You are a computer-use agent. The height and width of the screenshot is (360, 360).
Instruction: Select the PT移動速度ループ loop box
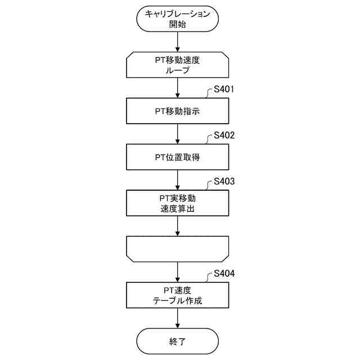(178, 65)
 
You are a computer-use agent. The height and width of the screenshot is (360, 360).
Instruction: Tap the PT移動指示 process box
(178, 111)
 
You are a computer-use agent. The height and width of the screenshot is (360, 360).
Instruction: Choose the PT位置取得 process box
(178, 157)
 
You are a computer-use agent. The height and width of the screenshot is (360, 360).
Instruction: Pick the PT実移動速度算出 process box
(178, 204)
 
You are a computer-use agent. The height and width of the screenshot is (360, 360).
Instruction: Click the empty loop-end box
(178, 249)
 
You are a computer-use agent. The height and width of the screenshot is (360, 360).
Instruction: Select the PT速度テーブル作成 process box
(178, 295)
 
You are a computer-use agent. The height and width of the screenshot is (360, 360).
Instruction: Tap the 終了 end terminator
(178, 341)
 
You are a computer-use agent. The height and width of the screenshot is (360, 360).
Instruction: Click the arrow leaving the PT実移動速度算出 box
(178, 226)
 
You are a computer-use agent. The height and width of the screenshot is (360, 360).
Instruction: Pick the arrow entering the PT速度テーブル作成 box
(178, 272)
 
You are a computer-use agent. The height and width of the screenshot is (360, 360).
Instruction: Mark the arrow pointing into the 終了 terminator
(178, 318)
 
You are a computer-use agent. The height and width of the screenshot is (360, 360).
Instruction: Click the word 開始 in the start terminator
(178, 25)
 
